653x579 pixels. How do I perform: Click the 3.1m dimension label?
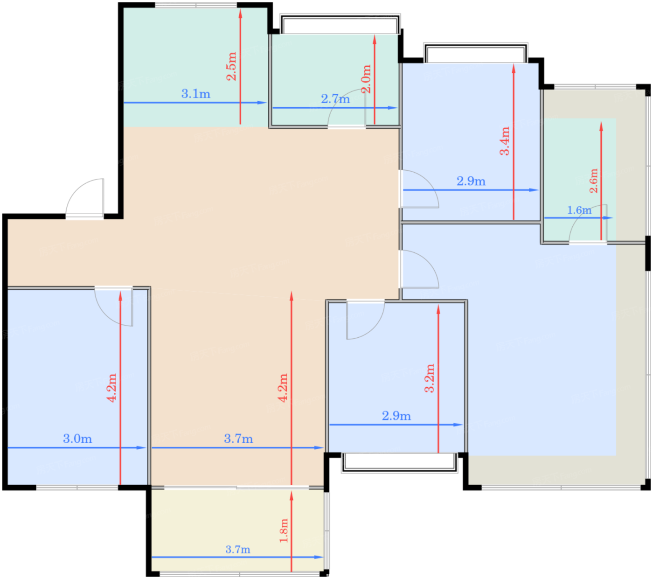click(195, 94)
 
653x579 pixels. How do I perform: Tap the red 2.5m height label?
click(231, 66)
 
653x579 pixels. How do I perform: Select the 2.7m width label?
click(335, 98)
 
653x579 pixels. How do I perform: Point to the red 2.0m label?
click(366, 79)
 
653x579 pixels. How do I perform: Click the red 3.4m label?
click(505, 141)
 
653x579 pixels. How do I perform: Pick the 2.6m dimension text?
click(593, 181)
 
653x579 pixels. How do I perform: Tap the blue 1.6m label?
click(579, 210)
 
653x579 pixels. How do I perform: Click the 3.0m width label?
click(77, 439)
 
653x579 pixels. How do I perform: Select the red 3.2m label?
click(429, 378)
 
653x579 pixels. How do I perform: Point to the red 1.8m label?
click(284, 530)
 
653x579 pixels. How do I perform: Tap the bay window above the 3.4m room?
click(475, 53)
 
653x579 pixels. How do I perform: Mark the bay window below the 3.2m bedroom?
click(399, 463)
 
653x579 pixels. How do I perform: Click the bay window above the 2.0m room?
click(340, 24)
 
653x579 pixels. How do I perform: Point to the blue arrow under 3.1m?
click(195, 103)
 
